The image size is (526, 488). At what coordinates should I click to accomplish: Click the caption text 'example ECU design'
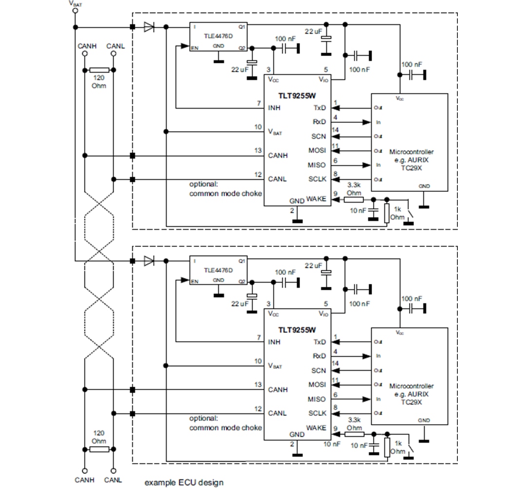tap(184, 482)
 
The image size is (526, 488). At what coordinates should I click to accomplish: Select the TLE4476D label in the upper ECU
tap(218, 36)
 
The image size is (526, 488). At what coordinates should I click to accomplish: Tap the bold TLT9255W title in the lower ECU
tap(298, 330)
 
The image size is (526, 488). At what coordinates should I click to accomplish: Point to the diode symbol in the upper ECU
tap(149, 27)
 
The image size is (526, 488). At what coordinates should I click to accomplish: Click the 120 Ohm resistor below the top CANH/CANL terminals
tap(99, 70)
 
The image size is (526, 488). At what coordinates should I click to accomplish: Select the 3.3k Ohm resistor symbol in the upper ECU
tap(354, 199)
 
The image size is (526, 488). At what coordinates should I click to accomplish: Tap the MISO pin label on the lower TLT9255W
tap(317, 399)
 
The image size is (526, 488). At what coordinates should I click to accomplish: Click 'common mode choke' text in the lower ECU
tap(225, 428)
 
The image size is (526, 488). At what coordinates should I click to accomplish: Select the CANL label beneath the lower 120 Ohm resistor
tap(113, 480)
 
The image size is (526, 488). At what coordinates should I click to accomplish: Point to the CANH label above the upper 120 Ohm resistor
tap(87, 46)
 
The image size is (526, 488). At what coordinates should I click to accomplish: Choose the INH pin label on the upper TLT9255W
tap(274, 108)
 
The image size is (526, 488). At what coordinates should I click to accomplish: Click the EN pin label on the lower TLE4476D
tap(194, 281)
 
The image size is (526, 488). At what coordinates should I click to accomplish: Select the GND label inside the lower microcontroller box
tap(424, 420)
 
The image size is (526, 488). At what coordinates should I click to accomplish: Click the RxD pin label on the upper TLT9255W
tap(319, 122)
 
